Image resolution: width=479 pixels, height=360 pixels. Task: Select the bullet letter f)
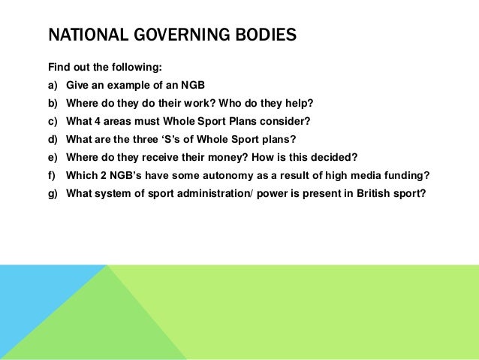[x=53, y=174]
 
